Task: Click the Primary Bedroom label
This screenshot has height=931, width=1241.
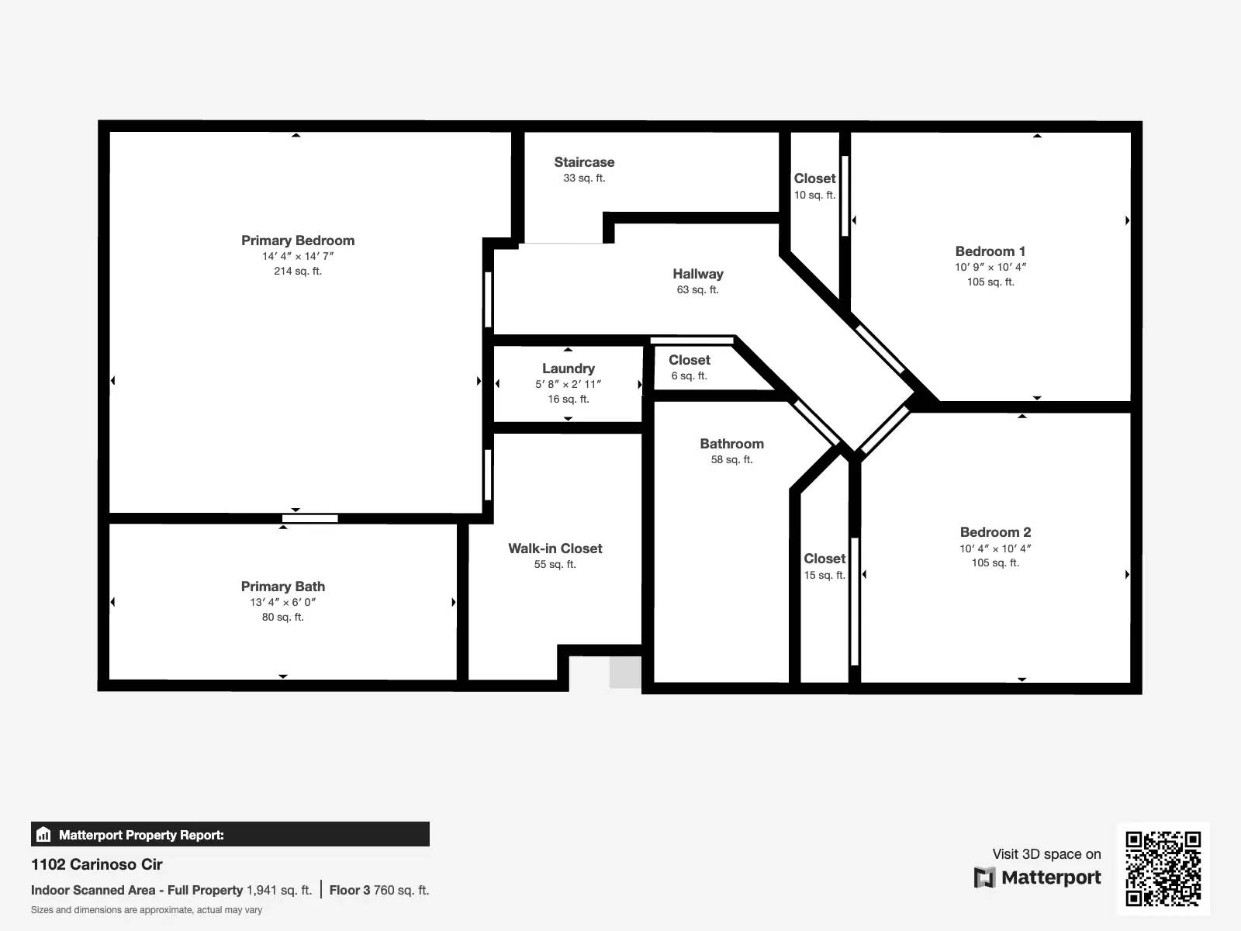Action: tap(298, 241)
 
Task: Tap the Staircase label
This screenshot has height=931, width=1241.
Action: tap(584, 162)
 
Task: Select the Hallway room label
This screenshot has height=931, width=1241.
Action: tap(698, 274)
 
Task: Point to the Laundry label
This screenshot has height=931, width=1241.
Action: tap(569, 369)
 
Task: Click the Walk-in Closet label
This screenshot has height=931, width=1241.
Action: tap(555, 549)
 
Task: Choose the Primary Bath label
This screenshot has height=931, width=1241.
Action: tap(283, 587)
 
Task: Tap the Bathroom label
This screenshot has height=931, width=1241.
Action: tap(732, 444)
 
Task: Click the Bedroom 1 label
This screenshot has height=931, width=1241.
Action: tap(990, 251)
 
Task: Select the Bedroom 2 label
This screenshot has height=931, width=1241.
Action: tap(996, 532)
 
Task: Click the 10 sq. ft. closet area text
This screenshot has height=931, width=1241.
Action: tap(815, 195)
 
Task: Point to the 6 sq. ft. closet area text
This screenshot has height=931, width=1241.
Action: tap(690, 376)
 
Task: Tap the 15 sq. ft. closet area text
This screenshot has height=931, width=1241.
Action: tap(824, 575)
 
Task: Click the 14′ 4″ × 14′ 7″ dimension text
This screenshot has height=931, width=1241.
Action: tap(298, 256)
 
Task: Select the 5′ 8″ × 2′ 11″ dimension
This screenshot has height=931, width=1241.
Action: tap(569, 384)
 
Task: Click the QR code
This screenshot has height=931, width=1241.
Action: tap(1163, 868)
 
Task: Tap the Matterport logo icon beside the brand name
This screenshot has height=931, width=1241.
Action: tap(984, 877)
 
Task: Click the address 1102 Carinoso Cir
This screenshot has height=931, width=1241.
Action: tap(97, 864)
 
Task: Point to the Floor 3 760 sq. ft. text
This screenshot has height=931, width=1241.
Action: tap(379, 890)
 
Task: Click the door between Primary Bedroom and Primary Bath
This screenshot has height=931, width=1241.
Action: tap(310, 518)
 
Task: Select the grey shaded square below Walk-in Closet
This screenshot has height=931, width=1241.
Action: tap(625, 672)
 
